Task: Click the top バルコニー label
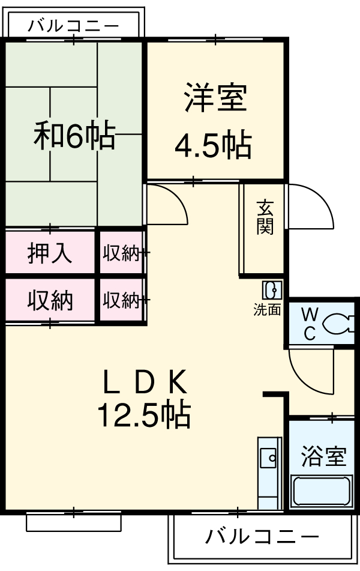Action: (73, 26)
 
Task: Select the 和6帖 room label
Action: (74, 136)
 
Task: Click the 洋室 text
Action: (215, 97)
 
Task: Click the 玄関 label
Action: (265, 217)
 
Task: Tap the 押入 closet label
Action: (50, 253)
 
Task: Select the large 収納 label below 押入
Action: (50, 299)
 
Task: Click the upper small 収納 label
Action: (121, 253)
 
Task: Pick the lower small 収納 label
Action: (121, 300)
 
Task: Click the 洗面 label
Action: (267, 310)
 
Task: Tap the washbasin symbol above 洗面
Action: (271, 291)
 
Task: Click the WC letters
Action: (309, 324)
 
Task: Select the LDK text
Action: (145, 381)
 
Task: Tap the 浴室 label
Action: (323, 456)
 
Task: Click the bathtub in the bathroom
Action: (322, 491)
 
